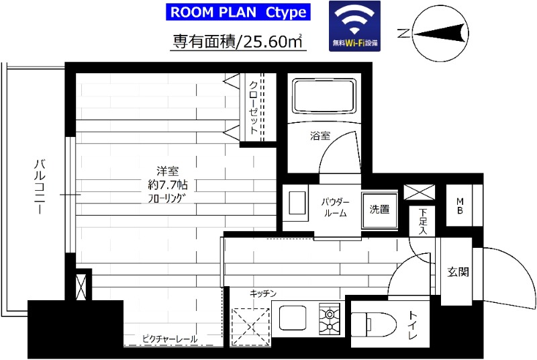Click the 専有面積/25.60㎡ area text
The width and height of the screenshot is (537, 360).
tap(236, 42)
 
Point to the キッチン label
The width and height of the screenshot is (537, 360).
tap(263, 294)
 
